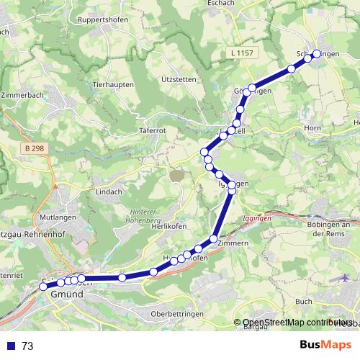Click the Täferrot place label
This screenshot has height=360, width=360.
(152, 132)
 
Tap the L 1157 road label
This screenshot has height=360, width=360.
(243, 53)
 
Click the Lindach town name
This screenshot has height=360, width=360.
(109, 192)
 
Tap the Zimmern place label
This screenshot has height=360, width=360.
(233, 243)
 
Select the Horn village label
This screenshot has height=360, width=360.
(312, 128)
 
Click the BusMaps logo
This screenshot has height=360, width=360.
(325, 346)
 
